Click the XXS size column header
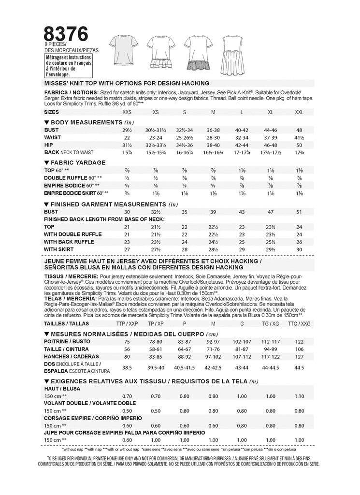click(x=127, y=112)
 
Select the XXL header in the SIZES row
click(x=300, y=112)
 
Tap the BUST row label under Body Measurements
click(x=51, y=130)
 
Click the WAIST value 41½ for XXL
click(x=300, y=138)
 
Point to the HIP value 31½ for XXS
click(x=127, y=145)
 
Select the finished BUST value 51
click(x=300, y=212)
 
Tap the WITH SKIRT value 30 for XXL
click(x=300, y=249)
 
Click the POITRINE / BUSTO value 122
click(x=300, y=341)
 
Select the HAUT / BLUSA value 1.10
click(x=300, y=396)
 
